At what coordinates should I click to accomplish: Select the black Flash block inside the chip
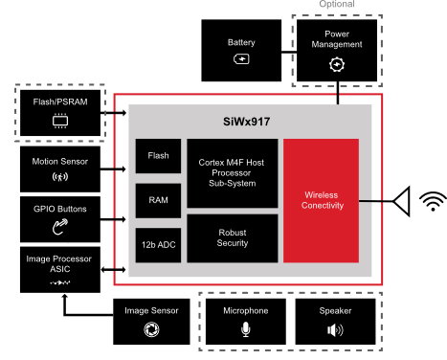[158, 155]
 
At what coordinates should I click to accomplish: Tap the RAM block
[158, 200]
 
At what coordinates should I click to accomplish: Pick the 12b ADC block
[158, 245]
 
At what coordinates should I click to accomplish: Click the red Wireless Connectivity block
[321, 201]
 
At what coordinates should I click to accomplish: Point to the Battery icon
[241, 59]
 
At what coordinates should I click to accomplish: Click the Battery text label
[241, 43]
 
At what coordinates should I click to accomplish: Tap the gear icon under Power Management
[336, 64]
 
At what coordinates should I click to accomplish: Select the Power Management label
[336, 39]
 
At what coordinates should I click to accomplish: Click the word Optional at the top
[336, 5]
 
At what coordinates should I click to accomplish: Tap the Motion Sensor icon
[58, 176]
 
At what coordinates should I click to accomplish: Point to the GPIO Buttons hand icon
[59, 227]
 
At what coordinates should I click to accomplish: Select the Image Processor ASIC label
[58, 264]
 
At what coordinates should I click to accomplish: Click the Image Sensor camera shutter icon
[150, 329]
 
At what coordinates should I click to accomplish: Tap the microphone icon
[245, 329]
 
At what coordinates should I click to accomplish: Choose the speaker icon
[335, 329]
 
